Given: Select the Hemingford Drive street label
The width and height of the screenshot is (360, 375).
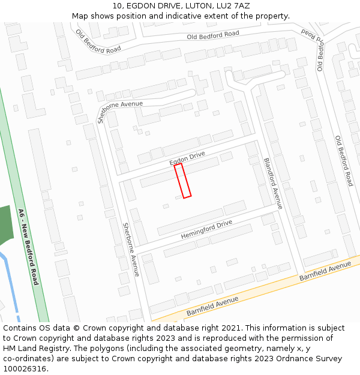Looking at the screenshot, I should click(x=206, y=230).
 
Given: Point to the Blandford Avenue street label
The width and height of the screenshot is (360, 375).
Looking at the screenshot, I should click(x=272, y=184).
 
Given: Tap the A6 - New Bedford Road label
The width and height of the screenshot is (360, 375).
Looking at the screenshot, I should click(x=28, y=247).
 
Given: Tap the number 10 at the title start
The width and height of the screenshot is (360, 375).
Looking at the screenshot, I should click(x=117, y=6).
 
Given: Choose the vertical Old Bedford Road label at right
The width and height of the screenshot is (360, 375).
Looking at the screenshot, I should click(x=344, y=161).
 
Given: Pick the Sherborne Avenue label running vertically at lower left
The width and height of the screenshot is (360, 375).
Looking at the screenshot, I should click(x=131, y=250).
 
